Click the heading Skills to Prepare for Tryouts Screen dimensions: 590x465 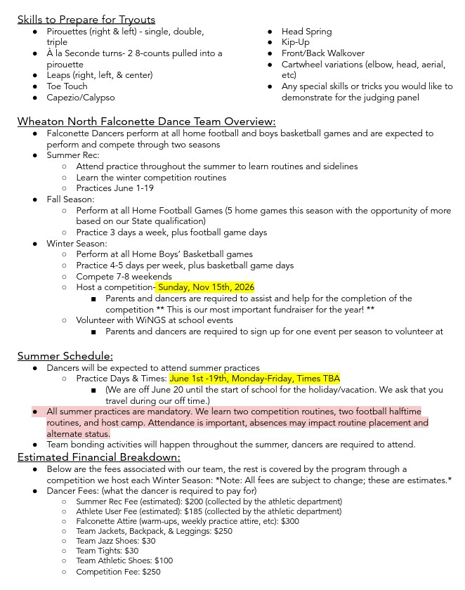(x=86, y=19)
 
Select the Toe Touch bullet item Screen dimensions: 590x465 (x=67, y=86)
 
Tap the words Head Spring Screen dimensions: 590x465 (x=306, y=32)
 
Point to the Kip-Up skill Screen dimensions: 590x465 (x=295, y=42)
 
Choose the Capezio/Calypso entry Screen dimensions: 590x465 (x=80, y=98)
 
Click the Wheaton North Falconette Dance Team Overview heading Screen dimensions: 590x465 (x=146, y=121)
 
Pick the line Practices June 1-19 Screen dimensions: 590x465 (x=114, y=188)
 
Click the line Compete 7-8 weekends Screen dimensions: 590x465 (x=114, y=277)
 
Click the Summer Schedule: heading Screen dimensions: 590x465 (x=65, y=356)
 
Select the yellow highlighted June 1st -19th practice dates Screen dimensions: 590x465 (x=254, y=379)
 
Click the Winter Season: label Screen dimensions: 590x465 (x=77, y=244)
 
